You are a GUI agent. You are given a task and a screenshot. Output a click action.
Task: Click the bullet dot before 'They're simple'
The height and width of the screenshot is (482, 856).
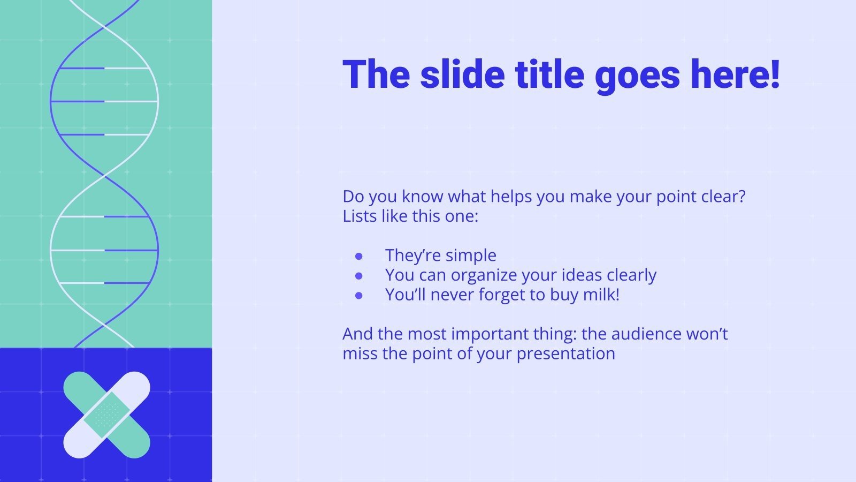[x=359, y=256]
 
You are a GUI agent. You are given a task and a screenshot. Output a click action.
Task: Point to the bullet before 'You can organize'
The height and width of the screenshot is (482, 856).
[x=359, y=276]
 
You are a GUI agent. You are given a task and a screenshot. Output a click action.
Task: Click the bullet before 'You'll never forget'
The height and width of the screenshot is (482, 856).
[x=359, y=295]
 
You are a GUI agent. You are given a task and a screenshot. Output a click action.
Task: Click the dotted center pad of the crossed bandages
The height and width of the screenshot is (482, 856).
[x=106, y=415]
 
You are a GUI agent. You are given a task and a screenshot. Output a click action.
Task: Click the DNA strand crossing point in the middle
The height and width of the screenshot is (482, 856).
[x=105, y=176]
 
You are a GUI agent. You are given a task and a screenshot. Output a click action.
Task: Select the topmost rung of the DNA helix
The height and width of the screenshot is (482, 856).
[x=104, y=68]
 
